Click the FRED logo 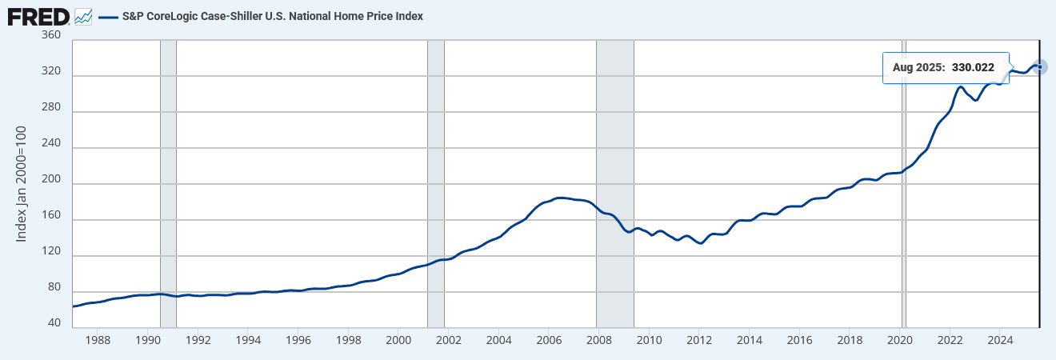(x=38, y=16)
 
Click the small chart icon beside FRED (x=82, y=16)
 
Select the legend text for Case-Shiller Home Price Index (x=272, y=16)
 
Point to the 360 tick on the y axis (x=50, y=35)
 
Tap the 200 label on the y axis (x=50, y=184)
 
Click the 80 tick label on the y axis (x=54, y=287)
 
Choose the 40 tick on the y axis (x=54, y=323)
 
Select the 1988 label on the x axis (x=98, y=340)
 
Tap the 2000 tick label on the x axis (x=399, y=340)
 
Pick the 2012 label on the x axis (x=699, y=340)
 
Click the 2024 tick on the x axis (x=1000, y=340)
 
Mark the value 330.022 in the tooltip (x=973, y=68)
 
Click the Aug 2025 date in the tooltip (x=919, y=68)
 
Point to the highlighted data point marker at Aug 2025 (x=1039, y=66)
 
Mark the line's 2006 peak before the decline (x=560, y=198)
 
